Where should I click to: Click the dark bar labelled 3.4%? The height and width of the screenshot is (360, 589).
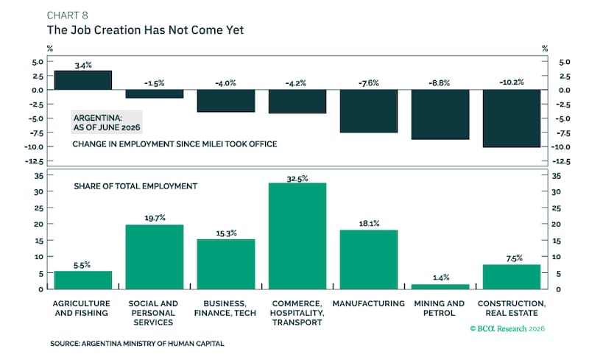pyautogui.click(x=83, y=80)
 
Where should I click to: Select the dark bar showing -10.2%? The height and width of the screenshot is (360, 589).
pyautogui.click(x=512, y=119)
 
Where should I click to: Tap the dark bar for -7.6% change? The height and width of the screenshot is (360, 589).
pyautogui.click(x=369, y=111)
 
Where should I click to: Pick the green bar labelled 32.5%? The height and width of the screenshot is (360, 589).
pyautogui.click(x=297, y=236)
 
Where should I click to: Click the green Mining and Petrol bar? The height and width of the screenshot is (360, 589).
pyautogui.click(x=440, y=286)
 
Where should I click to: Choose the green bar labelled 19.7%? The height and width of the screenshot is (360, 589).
pyautogui.click(x=155, y=257)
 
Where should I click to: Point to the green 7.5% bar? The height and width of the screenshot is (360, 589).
pyautogui.click(x=512, y=277)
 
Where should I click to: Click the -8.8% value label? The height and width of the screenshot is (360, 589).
pyautogui.click(x=439, y=83)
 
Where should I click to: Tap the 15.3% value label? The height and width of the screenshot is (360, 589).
pyautogui.click(x=226, y=233)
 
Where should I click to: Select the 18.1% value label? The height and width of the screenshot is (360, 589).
pyautogui.click(x=369, y=224)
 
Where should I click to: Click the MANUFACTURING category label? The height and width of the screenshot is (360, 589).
pyautogui.click(x=369, y=303)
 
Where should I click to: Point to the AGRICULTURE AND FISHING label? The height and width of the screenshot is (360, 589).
pyautogui.click(x=82, y=308)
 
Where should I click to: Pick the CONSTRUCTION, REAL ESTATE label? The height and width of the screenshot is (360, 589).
pyautogui.click(x=512, y=308)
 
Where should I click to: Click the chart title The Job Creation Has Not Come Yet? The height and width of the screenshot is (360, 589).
pyautogui.click(x=145, y=30)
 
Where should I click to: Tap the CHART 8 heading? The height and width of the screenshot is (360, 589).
pyautogui.click(x=67, y=15)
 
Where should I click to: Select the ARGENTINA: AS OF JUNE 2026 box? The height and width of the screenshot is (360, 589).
pyautogui.click(x=107, y=122)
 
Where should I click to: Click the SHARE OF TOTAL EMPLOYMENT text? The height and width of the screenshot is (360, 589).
pyautogui.click(x=135, y=186)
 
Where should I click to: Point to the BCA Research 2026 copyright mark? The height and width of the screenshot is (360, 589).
pyautogui.click(x=507, y=329)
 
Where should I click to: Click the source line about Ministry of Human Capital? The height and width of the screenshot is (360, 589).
pyautogui.click(x=137, y=344)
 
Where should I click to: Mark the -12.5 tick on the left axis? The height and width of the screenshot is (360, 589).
pyautogui.click(x=35, y=161)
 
